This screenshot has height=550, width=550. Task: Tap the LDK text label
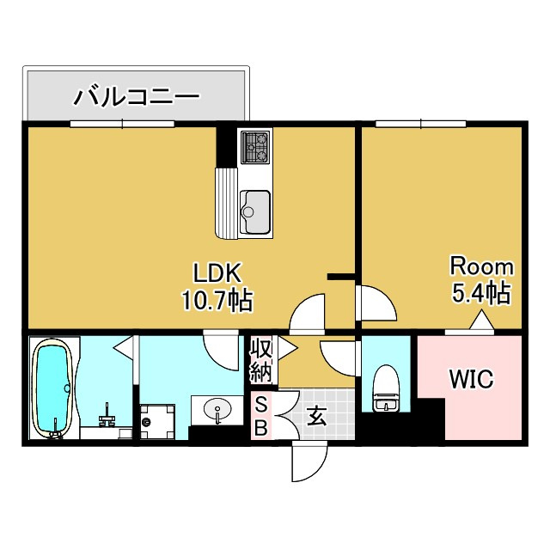point(217,274)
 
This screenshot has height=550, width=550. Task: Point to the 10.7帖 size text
point(216,300)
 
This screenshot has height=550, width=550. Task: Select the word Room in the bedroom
point(482,266)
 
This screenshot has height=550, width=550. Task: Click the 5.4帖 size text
point(482,293)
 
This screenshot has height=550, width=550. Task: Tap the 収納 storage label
point(261,361)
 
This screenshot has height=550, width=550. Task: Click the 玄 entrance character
point(316,419)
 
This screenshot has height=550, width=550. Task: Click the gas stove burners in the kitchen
point(255,148)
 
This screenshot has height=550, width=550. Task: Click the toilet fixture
point(386,389)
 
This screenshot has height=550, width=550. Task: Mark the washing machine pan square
point(156,422)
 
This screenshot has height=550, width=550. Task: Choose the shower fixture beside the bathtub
point(108,418)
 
